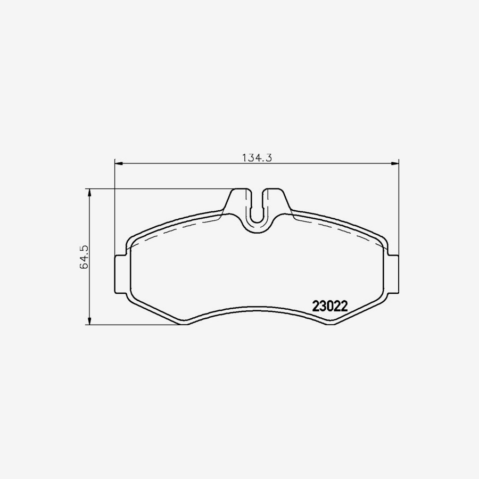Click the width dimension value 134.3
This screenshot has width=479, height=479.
point(258,158)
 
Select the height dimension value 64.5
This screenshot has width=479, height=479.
point(84,257)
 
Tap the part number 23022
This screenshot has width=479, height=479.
point(330,307)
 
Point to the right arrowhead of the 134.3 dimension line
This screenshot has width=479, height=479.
point(394,163)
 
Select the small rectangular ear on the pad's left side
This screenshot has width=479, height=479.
point(120,274)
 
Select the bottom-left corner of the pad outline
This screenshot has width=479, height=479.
point(184,324)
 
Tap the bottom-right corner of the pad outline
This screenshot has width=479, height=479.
point(332,324)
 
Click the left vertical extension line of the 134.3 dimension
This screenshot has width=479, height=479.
point(115,213)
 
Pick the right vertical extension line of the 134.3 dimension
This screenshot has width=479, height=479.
point(399,213)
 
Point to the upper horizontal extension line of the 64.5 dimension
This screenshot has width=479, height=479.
point(160,188)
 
